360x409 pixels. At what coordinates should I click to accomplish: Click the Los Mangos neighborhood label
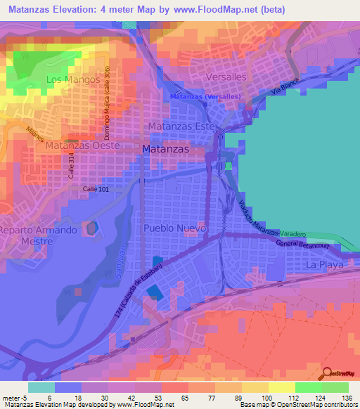[70, 80]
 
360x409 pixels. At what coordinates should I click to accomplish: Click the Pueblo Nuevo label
[174, 229]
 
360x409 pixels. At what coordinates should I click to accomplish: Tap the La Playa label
[324, 265]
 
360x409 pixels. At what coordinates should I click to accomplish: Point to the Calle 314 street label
[72, 166]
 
